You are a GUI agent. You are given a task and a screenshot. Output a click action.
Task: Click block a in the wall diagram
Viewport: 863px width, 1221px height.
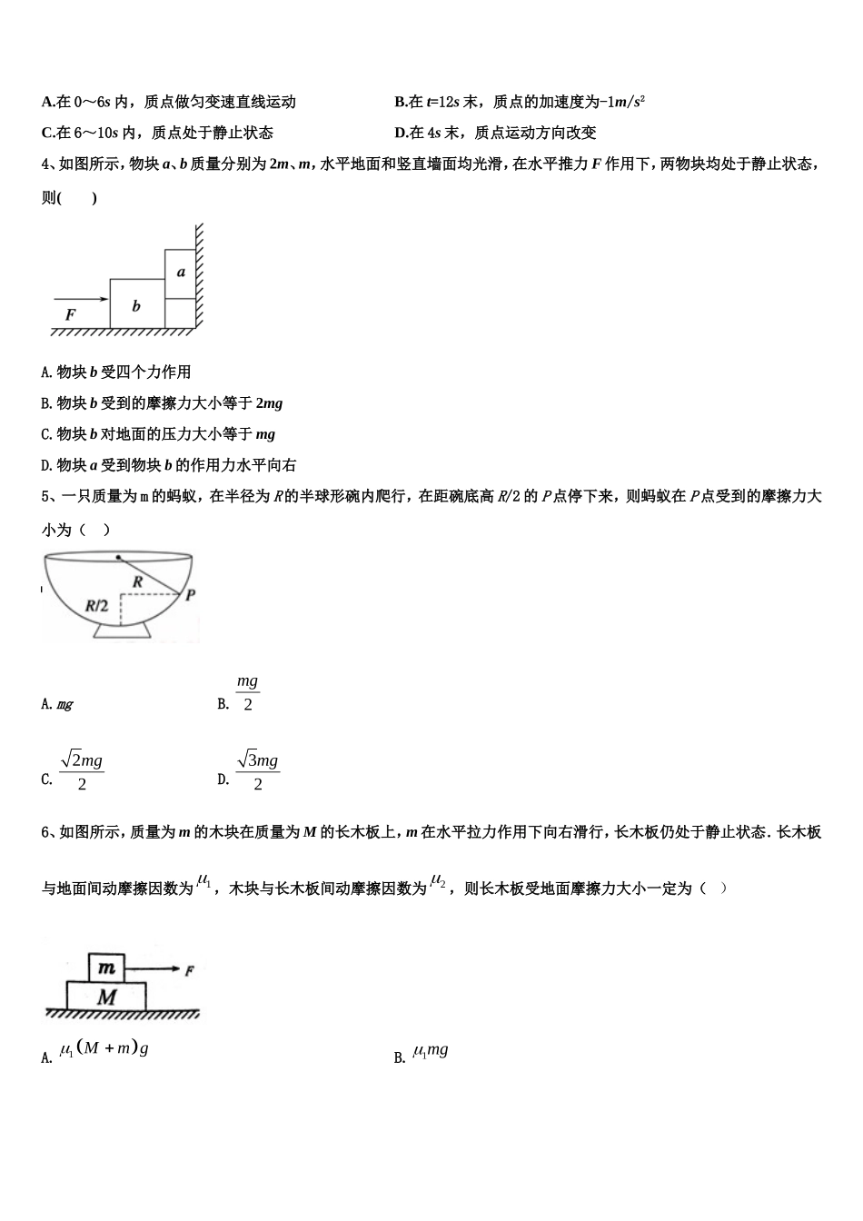click(x=180, y=272)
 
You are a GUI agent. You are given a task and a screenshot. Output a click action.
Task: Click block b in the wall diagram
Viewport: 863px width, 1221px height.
click(x=136, y=305)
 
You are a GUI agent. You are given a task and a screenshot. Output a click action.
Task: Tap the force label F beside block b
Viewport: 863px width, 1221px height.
click(x=70, y=314)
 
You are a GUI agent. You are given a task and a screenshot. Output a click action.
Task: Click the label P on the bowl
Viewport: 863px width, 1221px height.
click(x=190, y=596)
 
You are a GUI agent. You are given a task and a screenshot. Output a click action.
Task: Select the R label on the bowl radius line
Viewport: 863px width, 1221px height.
click(x=137, y=581)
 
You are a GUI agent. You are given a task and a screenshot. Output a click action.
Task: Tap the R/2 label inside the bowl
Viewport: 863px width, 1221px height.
click(x=96, y=605)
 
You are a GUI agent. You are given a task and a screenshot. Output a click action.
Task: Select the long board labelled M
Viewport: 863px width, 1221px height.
click(x=107, y=997)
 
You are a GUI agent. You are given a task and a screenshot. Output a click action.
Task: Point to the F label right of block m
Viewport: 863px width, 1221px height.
click(x=189, y=971)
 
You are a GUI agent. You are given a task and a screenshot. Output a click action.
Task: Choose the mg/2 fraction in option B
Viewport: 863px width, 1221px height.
click(x=247, y=693)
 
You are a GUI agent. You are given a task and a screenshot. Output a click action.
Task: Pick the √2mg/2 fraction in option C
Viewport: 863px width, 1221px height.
click(x=82, y=770)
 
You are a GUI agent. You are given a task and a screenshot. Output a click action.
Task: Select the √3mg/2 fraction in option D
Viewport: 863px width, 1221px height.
click(x=257, y=770)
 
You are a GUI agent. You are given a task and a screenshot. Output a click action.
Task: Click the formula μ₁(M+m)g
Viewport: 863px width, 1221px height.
click(x=104, y=1049)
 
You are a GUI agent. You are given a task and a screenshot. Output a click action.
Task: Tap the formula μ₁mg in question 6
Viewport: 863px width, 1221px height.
click(x=431, y=1051)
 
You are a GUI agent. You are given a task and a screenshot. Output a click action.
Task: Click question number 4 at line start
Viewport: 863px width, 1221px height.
click(x=46, y=164)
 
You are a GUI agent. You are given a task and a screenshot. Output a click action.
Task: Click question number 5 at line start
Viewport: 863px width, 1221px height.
click(x=46, y=496)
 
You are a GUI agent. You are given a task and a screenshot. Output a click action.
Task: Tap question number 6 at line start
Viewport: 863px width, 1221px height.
click(x=46, y=832)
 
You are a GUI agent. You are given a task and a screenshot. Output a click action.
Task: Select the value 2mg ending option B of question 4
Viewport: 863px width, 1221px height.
click(x=269, y=402)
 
